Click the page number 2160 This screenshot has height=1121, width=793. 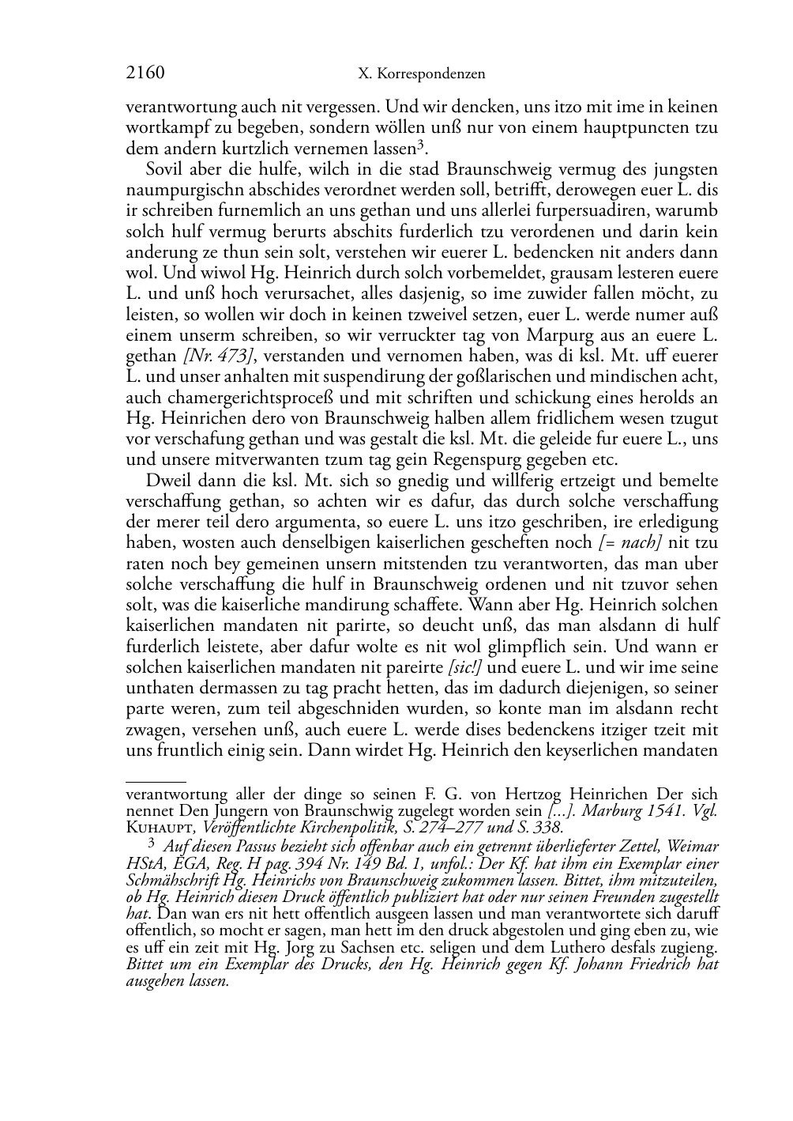coord(145,74)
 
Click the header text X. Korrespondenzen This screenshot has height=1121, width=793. coord(421,74)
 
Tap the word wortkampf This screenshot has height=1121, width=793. coord(162,127)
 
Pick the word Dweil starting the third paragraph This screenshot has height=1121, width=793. coord(167,481)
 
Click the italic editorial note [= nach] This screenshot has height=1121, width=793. coord(630,543)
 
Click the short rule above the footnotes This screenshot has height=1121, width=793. coord(156,780)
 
